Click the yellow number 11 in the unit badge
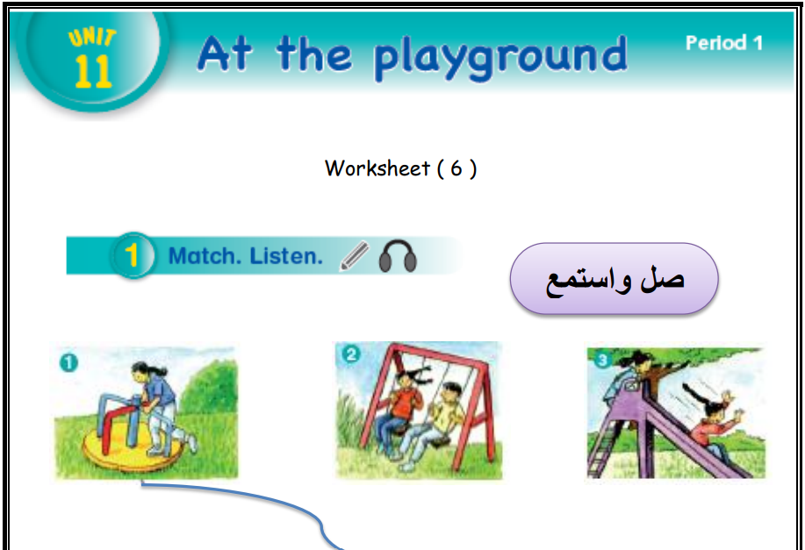click(x=93, y=71)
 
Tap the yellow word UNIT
click(x=92, y=38)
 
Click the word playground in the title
click(x=500, y=57)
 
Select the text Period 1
click(x=724, y=43)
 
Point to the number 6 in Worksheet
click(x=456, y=168)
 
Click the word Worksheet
click(x=377, y=168)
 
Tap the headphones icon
click(x=398, y=255)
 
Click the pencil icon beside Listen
click(x=355, y=255)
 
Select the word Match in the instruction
click(x=205, y=255)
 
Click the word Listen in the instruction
click(x=286, y=255)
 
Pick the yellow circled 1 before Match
click(x=132, y=255)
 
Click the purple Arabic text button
click(x=614, y=279)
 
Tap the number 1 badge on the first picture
click(x=68, y=363)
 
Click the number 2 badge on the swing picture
click(x=351, y=354)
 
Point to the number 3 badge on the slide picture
click(x=602, y=361)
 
